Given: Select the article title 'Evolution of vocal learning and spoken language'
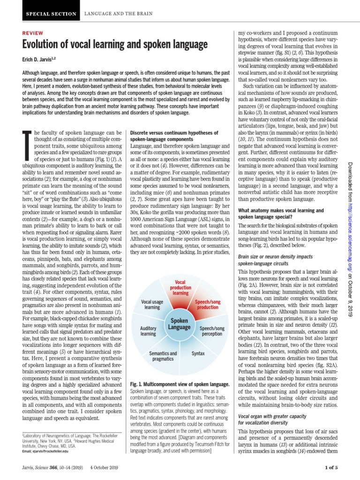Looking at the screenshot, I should click(x=115, y=45).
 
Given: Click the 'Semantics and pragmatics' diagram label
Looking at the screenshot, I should click(x=163, y=356).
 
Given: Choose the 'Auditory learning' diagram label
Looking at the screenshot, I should click(x=148, y=332).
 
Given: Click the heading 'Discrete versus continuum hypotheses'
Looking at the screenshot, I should click(x=174, y=133).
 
